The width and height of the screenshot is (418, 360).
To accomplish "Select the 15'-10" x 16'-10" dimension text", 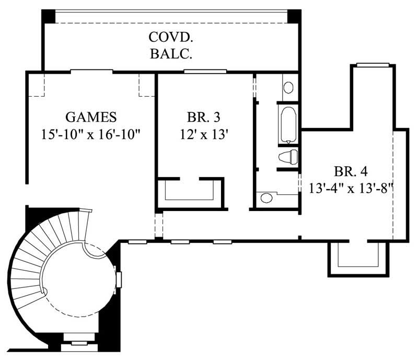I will [91, 134].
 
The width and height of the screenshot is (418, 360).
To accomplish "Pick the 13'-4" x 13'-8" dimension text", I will [351, 188].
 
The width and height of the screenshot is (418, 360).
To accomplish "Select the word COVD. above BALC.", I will [170, 38].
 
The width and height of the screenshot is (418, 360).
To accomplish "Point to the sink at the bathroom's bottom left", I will [266, 198].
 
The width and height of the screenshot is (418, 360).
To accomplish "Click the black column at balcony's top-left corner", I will [49, 16].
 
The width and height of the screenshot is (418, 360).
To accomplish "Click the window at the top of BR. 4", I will [373, 65].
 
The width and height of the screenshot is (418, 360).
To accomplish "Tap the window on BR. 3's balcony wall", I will [205, 72].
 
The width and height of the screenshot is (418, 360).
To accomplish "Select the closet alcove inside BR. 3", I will [190, 192].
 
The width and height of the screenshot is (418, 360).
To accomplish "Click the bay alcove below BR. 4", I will [358, 257].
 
